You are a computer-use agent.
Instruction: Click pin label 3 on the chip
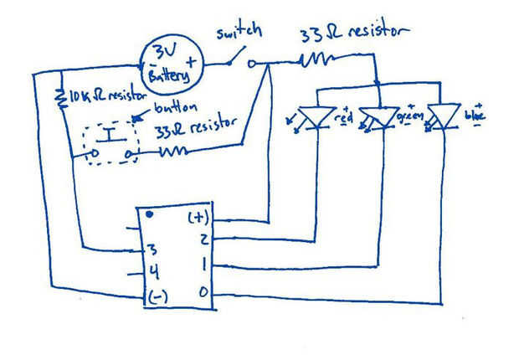[x=152, y=249]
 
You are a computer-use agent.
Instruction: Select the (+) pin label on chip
[x=198, y=218]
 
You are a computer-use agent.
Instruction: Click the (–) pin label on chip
[x=158, y=296]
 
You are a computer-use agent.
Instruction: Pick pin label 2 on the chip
[x=203, y=240]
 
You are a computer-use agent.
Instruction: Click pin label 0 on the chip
[x=205, y=293]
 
